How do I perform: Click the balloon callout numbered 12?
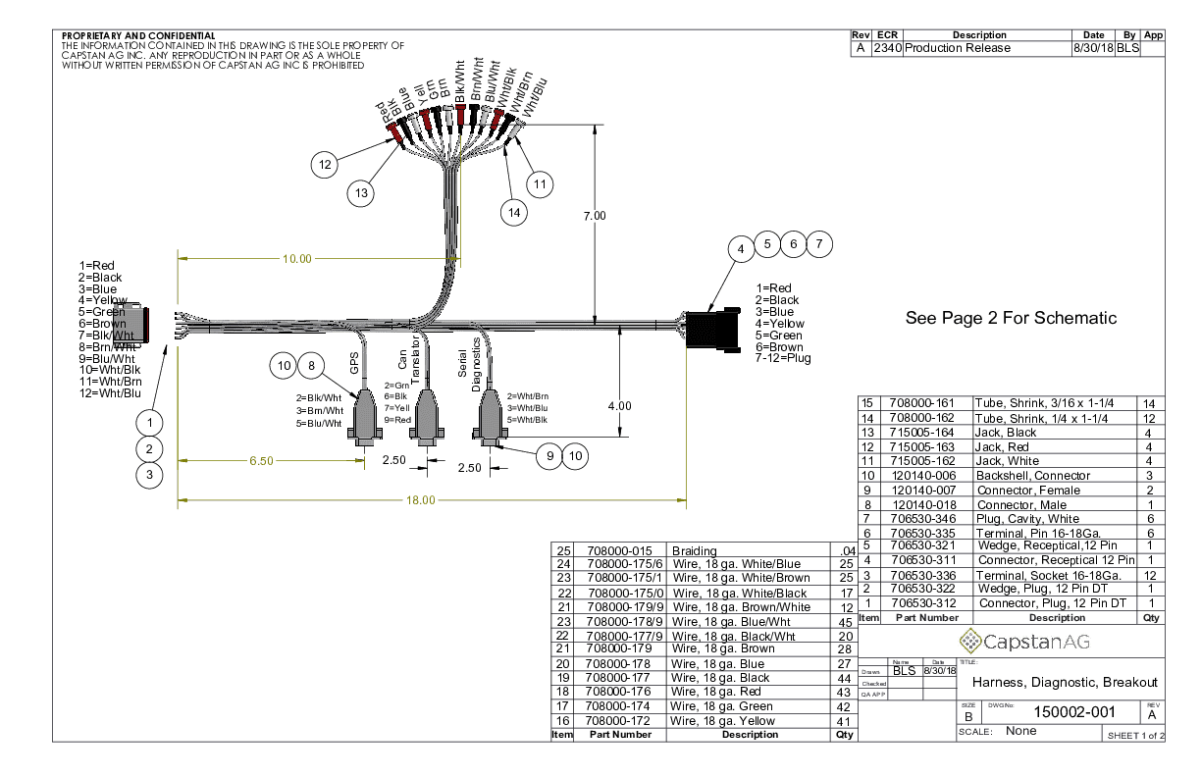pos(325,164)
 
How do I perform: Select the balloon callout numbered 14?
pos(512,209)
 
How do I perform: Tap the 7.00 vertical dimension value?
pos(595,215)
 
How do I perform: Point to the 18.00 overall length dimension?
pos(421,500)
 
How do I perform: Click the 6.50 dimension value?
pos(261,459)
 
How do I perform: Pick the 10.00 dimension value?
pos(297,259)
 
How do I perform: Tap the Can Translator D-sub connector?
pos(426,418)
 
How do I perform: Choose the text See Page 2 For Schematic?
pos(1011,318)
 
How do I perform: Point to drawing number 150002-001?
pos(1075,710)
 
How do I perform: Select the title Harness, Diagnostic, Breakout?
pos(1064,682)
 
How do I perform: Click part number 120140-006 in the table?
pos(922,475)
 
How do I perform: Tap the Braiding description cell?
pos(694,550)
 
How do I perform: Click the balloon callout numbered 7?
pos(819,243)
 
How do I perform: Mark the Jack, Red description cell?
pos(1001,446)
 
